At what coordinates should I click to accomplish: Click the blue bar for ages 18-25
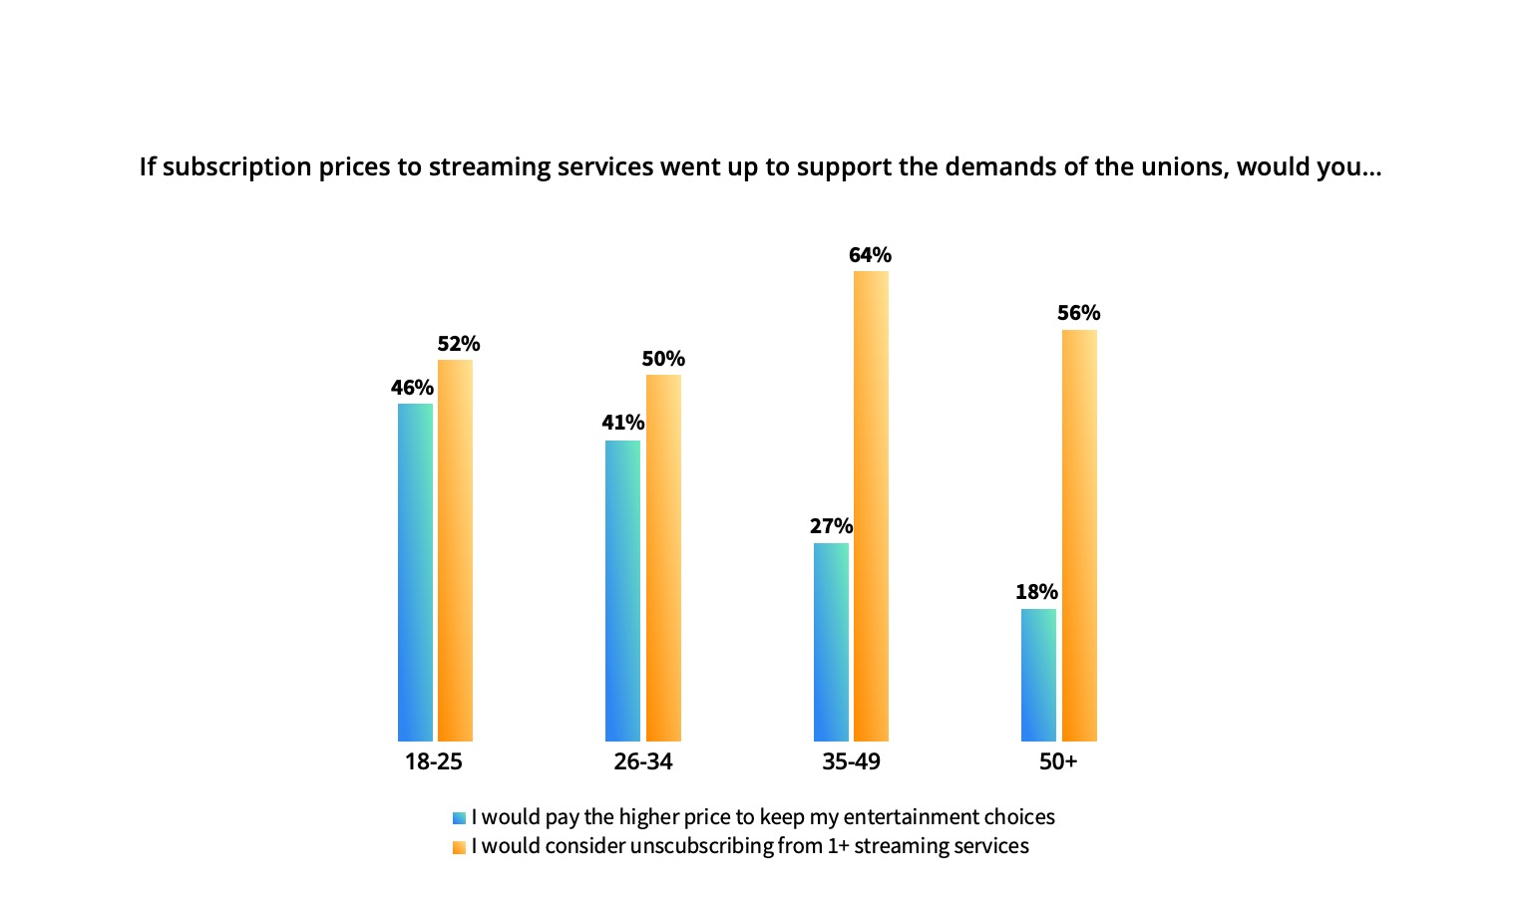tap(415, 572)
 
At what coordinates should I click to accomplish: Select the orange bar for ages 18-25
tap(455, 550)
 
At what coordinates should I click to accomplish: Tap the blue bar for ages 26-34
tap(622, 591)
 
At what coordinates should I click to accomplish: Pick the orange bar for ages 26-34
tap(663, 558)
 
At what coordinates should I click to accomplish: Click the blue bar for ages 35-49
tap(831, 642)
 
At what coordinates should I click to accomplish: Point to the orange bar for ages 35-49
tap(872, 506)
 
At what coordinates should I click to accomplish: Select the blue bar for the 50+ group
tap(1039, 675)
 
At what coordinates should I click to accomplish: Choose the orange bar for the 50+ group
tap(1080, 535)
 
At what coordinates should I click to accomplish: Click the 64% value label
tap(870, 255)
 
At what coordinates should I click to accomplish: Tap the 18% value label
tap(1037, 592)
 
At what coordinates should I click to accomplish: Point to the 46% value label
tap(412, 388)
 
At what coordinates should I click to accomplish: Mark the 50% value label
tap(663, 359)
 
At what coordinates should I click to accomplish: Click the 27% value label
tap(831, 526)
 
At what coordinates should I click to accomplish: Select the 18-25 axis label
tap(434, 761)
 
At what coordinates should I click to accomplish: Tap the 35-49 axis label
tap(852, 761)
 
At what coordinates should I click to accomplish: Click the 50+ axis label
tap(1058, 761)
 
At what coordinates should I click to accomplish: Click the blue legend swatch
tap(459, 818)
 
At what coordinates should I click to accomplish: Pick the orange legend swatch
tap(459, 847)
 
